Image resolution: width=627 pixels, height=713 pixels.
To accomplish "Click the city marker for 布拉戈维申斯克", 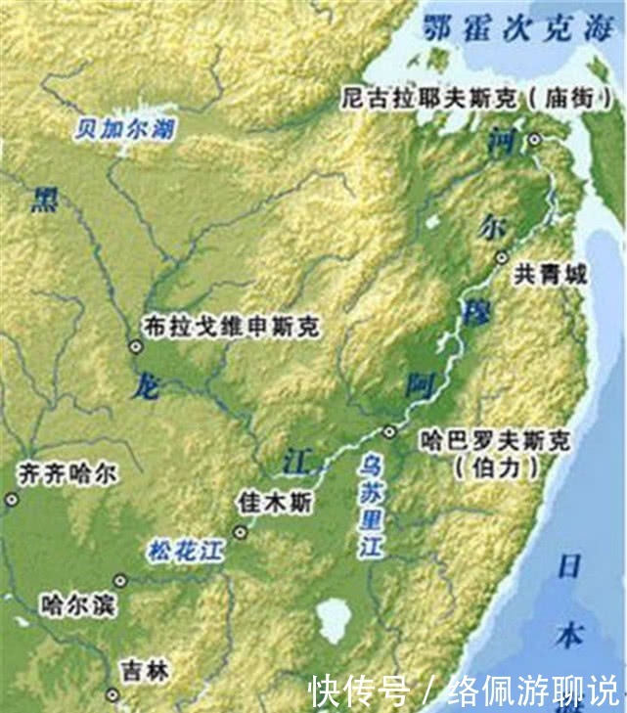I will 135,344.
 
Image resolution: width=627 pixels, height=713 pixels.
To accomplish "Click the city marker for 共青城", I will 502,258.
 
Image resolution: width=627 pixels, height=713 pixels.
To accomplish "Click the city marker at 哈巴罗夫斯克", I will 389,430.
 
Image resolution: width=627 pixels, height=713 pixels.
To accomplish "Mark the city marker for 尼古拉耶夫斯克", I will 534,141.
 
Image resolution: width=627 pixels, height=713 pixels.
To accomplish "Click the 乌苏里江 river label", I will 372,505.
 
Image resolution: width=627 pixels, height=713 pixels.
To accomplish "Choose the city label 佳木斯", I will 276,503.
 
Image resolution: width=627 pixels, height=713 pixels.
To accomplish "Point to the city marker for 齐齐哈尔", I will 12,499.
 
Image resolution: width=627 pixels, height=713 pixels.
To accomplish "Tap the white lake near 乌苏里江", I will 334,620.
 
